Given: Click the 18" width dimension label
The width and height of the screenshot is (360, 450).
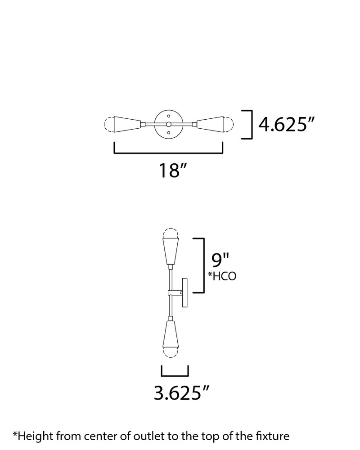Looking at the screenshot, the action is coord(173,171).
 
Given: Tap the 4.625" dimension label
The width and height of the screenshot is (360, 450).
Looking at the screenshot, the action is coord(287,125).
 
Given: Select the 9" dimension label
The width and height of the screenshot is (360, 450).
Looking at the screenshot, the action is coord(220,260).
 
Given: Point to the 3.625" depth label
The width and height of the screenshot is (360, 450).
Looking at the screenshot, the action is coord(181,393).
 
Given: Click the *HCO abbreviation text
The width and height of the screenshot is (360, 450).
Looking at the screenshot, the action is coord(222,276).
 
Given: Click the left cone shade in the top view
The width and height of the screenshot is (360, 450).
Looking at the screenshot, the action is coord(127,124).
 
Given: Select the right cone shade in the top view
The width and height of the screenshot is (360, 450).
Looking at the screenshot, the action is coord(210,124).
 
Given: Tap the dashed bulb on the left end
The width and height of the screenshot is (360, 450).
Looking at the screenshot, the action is coord(109,124).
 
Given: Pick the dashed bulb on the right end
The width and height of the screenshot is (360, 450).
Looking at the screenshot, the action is coord(229,124).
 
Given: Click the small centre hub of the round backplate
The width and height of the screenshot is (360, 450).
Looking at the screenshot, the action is coord(168,124).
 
